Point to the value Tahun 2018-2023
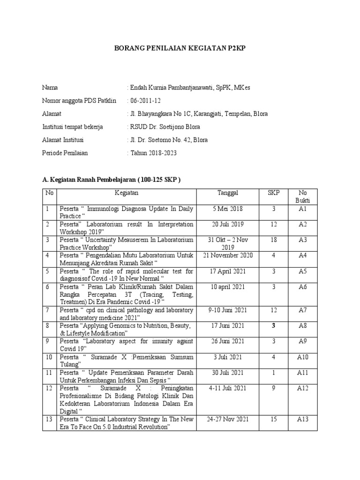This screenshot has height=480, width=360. pos(152,153)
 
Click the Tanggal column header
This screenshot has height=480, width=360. pos(228,193)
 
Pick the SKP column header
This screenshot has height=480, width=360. pos(273,193)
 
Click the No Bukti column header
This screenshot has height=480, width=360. pos(302,197)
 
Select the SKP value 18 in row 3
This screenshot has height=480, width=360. pos(273,240)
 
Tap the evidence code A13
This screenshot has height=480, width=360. pos(302,419)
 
